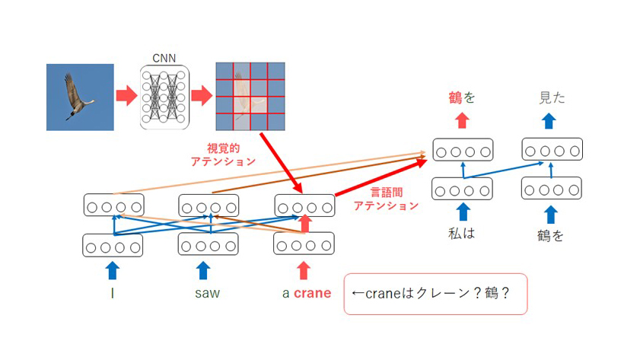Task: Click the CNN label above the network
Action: [164, 59]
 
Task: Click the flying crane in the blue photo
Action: [78, 97]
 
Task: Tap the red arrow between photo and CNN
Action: [126, 96]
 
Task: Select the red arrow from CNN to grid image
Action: [202, 96]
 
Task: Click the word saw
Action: [207, 293]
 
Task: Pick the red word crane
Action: [312, 293]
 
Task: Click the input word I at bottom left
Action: [112, 293]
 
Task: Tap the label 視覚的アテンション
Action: [223, 155]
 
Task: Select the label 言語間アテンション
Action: [386, 199]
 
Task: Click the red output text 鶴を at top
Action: [462, 97]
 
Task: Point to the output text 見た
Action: [552, 97]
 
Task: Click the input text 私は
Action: [462, 234]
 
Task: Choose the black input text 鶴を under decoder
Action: [551, 235]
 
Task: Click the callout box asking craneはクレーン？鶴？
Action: [435, 294]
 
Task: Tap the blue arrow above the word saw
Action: [203, 271]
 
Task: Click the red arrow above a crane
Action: [304, 271]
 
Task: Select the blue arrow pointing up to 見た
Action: [549, 121]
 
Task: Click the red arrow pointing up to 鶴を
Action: [462, 120]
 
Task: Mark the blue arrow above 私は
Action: [463, 212]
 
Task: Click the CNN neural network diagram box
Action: [164, 97]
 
